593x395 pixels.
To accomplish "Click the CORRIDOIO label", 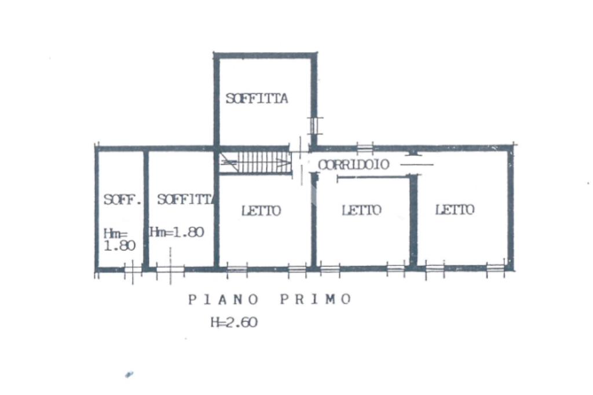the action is click(x=353, y=165).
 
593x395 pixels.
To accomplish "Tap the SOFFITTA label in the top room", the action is click(x=257, y=98).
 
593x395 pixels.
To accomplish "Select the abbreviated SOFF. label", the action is click(x=122, y=200).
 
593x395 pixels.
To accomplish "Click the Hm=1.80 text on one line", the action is click(x=177, y=232).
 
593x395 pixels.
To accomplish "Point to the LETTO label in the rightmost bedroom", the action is click(x=455, y=209).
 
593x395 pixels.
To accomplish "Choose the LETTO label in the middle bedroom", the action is click(x=361, y=210).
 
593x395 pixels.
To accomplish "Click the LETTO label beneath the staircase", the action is click(x=261, y=211).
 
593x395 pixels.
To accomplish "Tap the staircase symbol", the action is click(x=255, y=163).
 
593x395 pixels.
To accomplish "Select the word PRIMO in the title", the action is click(x=316, y=300).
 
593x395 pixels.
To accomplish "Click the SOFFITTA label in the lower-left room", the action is click(x=185, y=200).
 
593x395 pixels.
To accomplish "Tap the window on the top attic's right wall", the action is click(x=314, y=125).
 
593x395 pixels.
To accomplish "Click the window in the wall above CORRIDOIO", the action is click(x=365, y=147).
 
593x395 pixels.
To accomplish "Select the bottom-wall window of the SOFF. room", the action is click(x=133, y=269).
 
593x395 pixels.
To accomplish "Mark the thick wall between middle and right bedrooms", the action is click(x=413, y=220).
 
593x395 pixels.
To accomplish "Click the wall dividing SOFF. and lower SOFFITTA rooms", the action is click(x=146, y=208).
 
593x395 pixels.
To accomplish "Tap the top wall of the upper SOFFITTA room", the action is click(x=266, y=56).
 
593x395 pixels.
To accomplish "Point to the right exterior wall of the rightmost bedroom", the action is click(x=510, y=208).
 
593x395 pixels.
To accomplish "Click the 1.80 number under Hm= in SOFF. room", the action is click(x=119, y=245).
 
